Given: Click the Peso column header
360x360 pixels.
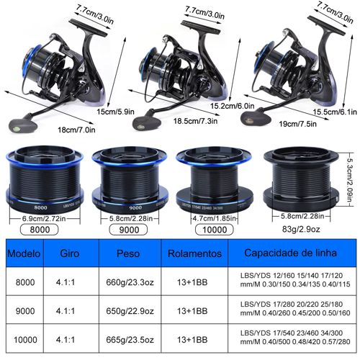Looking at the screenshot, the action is [x=128, y=253].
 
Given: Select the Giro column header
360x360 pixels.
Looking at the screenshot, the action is [x=70, y=253].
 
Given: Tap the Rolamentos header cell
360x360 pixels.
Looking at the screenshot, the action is [x=194, y=253].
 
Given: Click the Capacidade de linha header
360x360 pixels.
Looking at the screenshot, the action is [x=290, y=253].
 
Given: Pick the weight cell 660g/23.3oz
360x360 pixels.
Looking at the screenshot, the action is [x=130, y=282].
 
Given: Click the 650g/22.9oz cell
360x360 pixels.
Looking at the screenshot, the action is [x=130, y=311].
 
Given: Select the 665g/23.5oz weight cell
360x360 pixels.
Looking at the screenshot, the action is [x=130, y=340].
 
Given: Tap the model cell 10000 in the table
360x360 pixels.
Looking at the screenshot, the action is [x=25, y=340].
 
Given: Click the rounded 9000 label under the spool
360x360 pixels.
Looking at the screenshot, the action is [x=129, y=230].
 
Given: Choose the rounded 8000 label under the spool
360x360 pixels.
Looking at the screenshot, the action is [x=40, y=230].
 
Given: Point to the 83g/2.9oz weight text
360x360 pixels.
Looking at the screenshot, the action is [x=301, y=229].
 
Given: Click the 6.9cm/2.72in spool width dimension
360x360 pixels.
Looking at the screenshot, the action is [x=44, y=219].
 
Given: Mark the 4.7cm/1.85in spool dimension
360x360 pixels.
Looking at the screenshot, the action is [x=215, y=218].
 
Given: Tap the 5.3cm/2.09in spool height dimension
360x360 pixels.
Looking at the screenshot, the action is [x=350, y=180].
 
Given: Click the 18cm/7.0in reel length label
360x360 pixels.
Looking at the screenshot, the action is [x=76, y=130].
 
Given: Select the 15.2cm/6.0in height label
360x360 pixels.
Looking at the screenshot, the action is [x=233, y=106].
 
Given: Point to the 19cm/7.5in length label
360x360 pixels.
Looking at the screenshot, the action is [x=297, y=124].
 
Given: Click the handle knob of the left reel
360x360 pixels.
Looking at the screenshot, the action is [x=23, y=125].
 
